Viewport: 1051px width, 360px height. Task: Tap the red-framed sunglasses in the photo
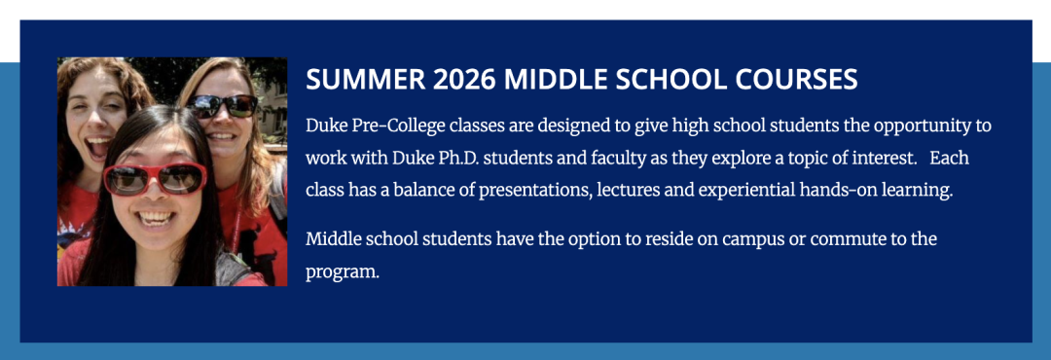pos(155,179)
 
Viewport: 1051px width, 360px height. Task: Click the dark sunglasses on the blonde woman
pos(223,106)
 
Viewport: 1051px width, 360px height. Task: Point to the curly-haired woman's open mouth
pos(98,148)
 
